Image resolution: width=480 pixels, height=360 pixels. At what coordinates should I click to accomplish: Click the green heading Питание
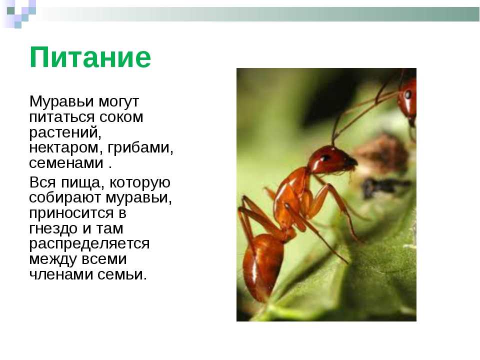(90, 57)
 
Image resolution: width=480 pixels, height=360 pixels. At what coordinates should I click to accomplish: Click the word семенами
(66, 163)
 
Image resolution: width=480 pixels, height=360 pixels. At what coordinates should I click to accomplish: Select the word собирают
(65, 198)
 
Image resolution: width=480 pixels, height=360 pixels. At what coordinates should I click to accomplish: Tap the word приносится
(71, 213)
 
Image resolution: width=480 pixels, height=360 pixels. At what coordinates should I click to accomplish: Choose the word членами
(61, 274)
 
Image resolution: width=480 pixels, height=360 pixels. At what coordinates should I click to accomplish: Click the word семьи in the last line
(122, 274)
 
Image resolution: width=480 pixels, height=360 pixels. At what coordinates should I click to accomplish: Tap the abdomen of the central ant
(262, 266)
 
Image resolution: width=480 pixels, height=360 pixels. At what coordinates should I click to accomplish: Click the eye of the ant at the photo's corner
(408, 94)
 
